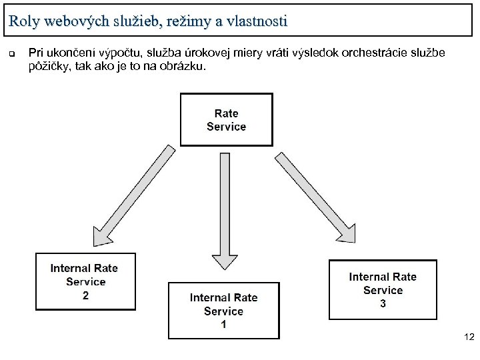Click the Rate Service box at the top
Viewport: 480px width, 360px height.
[x=227, y=120]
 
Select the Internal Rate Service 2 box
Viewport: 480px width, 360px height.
[x=85, y=281]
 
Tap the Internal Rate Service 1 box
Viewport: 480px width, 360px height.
[x=223, y=311]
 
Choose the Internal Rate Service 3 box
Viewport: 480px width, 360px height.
[x=383, y=289]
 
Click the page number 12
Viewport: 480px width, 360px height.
[x=469, y=339]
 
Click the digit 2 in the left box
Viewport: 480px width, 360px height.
[x=85, y=295]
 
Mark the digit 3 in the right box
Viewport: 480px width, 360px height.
[x=383, y=304]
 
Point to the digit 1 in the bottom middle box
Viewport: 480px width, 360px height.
[x=223, y=325]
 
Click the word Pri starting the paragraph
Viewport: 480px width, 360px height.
[x=36, y=53]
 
